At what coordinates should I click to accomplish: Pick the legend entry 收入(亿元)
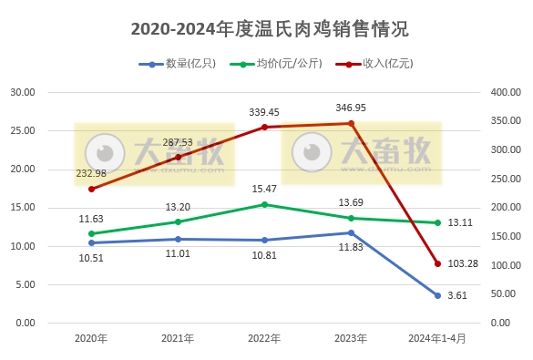point(374,64)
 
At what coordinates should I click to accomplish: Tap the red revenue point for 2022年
point(264,127)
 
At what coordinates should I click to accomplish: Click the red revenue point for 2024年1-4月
point(437,263)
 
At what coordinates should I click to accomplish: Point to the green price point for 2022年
point(264,204)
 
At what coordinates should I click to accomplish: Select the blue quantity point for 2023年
point(351,232)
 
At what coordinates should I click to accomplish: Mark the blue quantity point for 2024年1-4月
point(437,295)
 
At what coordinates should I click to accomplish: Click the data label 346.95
point(351,108)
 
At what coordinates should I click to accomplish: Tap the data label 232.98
point(90,173)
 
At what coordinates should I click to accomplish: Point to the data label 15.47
point(264,188)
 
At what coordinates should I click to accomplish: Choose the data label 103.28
point(466,263)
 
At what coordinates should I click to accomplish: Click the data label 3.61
point(458,295)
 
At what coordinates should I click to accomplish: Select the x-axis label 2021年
point(178,338)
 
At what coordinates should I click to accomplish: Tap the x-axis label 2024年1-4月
point(437,338)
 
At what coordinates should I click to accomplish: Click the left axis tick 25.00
point(22,131)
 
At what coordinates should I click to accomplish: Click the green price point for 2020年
point(91,233)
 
